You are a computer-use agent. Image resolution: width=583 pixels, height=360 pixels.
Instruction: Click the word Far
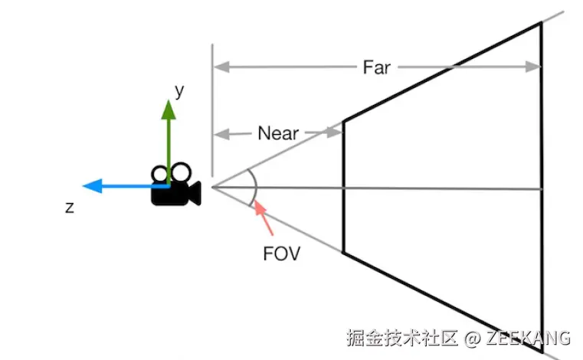[376, 67]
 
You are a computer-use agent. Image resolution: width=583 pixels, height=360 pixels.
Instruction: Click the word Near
[278, 133]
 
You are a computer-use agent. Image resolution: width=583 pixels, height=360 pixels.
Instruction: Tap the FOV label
[281, 254]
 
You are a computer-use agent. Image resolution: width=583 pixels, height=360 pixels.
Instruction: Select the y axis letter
[179, 91]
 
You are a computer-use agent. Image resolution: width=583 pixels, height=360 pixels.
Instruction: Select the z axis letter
[70, 207]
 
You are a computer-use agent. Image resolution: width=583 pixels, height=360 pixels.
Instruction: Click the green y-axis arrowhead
[168, 109]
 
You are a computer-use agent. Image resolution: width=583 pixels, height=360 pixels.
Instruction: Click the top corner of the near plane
[342, 121]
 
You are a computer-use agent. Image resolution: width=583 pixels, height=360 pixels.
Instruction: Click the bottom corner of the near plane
[342, 252]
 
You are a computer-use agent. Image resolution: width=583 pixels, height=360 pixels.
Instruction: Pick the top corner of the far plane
[541, 22]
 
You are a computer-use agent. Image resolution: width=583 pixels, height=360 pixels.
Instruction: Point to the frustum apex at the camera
[212, 187]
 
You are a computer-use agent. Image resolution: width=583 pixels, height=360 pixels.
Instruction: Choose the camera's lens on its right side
[195, 192]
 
